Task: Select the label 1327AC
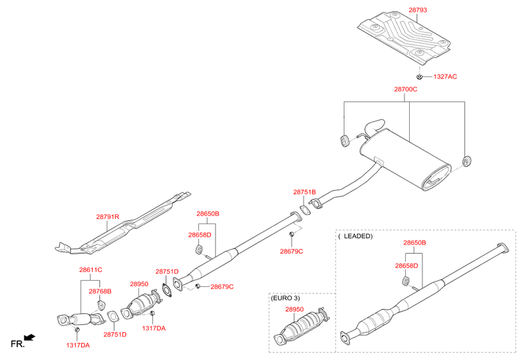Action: (x=445, y=77)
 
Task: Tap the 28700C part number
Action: (x=406, y=89)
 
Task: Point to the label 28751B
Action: (x=304, y=192)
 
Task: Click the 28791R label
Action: (x=107, y=216)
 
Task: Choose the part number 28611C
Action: (x=90, y=270)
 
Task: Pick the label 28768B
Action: (x=100, y=291)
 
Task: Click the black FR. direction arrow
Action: (x=29, y=338)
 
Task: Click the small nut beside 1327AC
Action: (x=420, y=76)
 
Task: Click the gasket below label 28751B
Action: (x=305, y=211)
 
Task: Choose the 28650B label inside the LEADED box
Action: (x=415, y=243)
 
